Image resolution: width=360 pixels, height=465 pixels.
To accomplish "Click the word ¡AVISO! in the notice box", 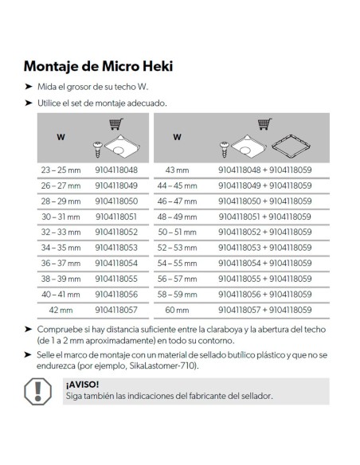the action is coord(80,384).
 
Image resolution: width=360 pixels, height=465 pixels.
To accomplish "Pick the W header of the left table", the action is coord(60,137).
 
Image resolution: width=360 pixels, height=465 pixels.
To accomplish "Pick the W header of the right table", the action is coord(176,137).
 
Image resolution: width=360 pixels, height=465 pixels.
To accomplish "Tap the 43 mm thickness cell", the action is coord(176,170).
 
